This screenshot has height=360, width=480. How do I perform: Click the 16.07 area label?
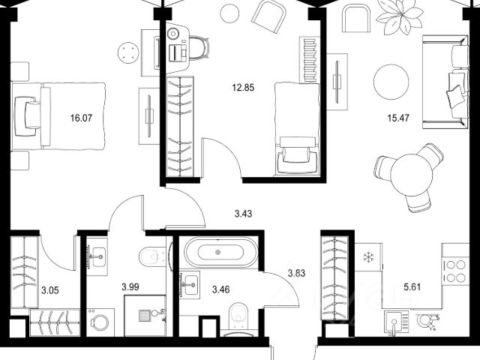[x=81, y=118]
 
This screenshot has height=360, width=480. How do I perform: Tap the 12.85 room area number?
[x=243, y=88]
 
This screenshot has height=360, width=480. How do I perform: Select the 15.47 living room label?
[x=398, y=118]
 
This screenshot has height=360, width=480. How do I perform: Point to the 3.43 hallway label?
[x=243, y=214]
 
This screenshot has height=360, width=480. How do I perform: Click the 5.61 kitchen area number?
[x=412, y=287]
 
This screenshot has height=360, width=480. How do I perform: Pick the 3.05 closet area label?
[x=50, y=290]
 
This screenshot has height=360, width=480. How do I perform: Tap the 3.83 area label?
[x=297, y=273]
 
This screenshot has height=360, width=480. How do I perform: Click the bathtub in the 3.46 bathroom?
[x=220, y=253]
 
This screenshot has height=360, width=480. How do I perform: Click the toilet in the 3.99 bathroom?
[x=153, y=257]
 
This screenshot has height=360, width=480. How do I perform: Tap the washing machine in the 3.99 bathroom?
[x=100, y=322]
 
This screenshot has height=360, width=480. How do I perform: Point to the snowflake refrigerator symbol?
[x=368, y=257]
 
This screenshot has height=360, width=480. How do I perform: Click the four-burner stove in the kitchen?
[x=455, y=271]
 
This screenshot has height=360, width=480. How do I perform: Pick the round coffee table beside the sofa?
[x=391, y=82]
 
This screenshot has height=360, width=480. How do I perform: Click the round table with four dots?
[x=128, y=52]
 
